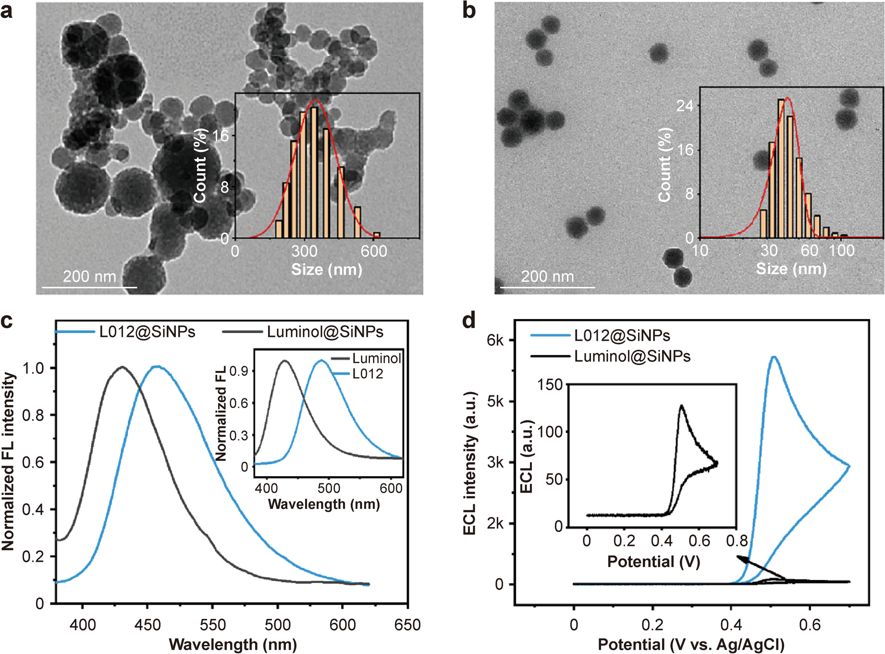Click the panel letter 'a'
[x=7, y=11]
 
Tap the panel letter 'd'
[x=469, y=321]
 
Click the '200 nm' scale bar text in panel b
[x=547, y=277]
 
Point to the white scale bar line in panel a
[x=89, y=287]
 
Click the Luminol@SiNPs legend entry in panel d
[x=611, y=356]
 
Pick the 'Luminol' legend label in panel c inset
[x=376, y=358]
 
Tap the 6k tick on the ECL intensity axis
[x=495, y=340]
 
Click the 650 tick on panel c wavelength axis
[x=407, y=625]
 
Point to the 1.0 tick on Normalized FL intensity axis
[x=33, y=368]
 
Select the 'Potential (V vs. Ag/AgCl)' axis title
[x=691, y=644]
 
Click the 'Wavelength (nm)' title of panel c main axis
[x=233, y=644]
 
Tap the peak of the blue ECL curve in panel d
[x=774, y=357]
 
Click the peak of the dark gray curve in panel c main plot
[x=123, y=367]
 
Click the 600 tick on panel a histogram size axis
[x=374, y=251]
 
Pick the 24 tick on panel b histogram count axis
[x=685, y=105]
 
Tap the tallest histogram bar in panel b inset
[x=781, y=168]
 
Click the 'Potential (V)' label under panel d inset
[x=653, y=561]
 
